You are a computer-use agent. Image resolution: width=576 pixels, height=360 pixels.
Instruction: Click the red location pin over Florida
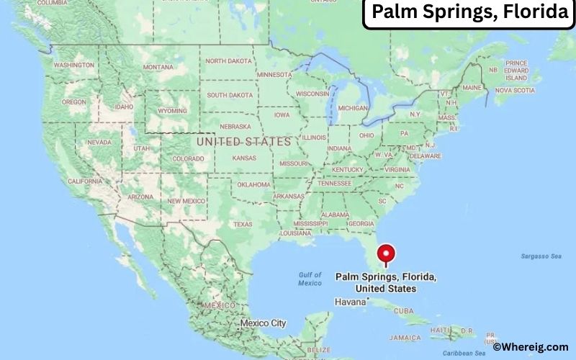pos(387,254)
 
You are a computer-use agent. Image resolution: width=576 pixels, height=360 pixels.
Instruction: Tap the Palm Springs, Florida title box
pos(469,14)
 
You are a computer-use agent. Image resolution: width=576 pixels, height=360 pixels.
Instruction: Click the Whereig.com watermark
pos(531,347)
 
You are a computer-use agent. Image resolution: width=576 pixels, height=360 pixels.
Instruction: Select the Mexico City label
pos(263,323)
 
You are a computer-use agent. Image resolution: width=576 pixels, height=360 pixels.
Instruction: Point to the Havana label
pos(351,301)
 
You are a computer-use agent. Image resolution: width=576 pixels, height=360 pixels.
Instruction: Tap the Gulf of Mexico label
pos(310,279)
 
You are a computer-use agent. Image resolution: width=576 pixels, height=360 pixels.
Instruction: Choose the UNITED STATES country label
pos(243,142)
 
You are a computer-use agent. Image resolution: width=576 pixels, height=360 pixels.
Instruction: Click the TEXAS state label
pos(243,224)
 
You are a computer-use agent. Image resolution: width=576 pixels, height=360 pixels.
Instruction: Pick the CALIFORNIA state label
pos(85,181)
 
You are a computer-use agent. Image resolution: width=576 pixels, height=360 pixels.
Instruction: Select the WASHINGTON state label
pos(74,65)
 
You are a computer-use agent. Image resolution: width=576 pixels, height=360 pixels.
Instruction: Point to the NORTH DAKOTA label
pos(230,61)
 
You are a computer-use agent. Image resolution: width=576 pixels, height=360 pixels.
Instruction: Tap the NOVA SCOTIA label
pos(515,91)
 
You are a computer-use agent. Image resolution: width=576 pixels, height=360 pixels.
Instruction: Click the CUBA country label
pos(404,310)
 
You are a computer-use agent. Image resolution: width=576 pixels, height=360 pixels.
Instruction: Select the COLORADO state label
pos(187,158)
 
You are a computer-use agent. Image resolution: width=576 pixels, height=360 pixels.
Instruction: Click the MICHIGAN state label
pos(353,108)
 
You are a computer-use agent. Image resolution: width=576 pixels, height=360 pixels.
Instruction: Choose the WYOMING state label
pos(172,111)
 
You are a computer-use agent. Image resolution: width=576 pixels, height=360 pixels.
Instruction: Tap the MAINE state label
pos(472,88)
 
